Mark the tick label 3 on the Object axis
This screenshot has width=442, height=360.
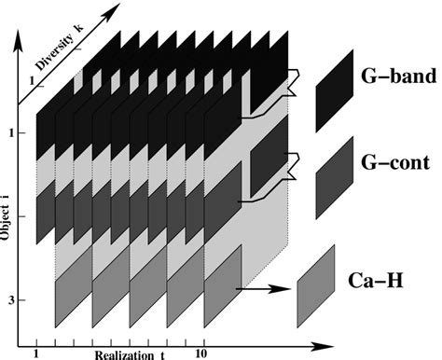[x=8, y=300]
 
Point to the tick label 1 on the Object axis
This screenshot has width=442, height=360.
[x=8, y=132]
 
